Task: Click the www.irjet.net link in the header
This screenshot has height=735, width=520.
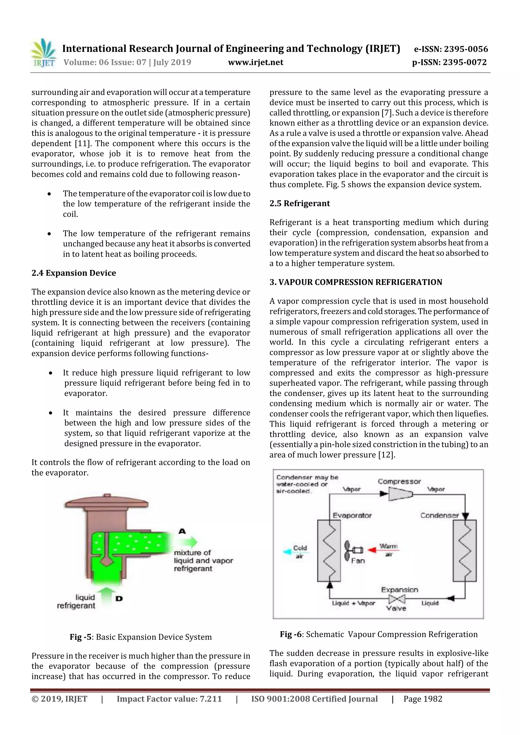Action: click(255, 62)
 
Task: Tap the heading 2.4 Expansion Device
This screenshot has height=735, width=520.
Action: click(74, 273)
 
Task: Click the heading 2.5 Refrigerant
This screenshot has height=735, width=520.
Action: click(300, 203)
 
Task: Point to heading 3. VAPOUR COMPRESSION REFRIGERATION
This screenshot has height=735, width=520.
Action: click(356, 282)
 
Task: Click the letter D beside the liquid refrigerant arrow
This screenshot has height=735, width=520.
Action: click(119, 598)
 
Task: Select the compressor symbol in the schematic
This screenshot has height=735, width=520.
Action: click(400, 494)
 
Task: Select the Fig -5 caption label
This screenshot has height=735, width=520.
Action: click(80, 637)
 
